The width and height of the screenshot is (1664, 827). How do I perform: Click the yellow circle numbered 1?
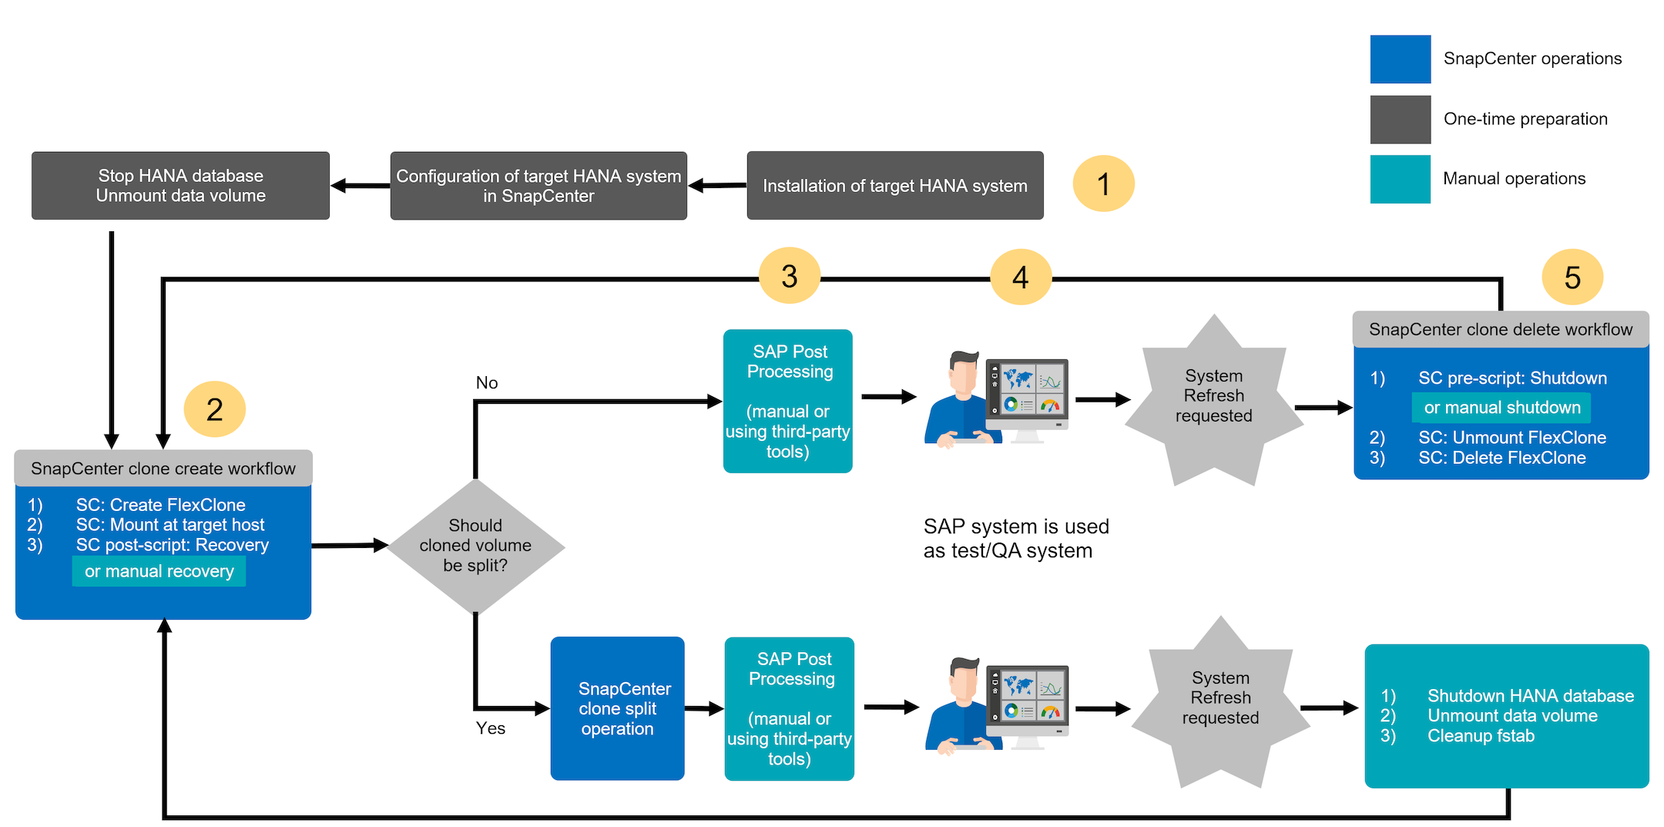1103,183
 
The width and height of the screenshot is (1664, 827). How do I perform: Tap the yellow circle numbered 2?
214,408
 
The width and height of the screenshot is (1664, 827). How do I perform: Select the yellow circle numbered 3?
789,276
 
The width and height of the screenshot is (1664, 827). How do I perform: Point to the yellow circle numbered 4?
1020,277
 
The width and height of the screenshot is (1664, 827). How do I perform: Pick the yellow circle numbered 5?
1572,277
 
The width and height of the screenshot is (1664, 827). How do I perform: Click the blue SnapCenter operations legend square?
1400,59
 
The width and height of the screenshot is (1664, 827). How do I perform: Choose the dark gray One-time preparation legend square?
1400,119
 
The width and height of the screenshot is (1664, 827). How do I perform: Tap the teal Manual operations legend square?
1400,179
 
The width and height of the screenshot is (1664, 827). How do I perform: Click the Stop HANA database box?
180,186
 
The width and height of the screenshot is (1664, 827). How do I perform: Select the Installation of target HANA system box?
894,186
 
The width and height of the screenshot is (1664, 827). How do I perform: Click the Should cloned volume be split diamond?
475,546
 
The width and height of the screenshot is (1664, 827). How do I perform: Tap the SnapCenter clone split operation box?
617,708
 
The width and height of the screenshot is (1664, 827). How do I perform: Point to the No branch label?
487,383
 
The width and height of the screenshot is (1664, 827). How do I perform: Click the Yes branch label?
491,728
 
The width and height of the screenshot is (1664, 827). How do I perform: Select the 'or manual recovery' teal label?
159,571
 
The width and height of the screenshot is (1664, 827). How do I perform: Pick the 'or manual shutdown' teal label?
1501,408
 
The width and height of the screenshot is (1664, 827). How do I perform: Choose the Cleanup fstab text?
1481,736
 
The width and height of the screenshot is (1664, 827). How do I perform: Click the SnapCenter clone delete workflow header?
1500,330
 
